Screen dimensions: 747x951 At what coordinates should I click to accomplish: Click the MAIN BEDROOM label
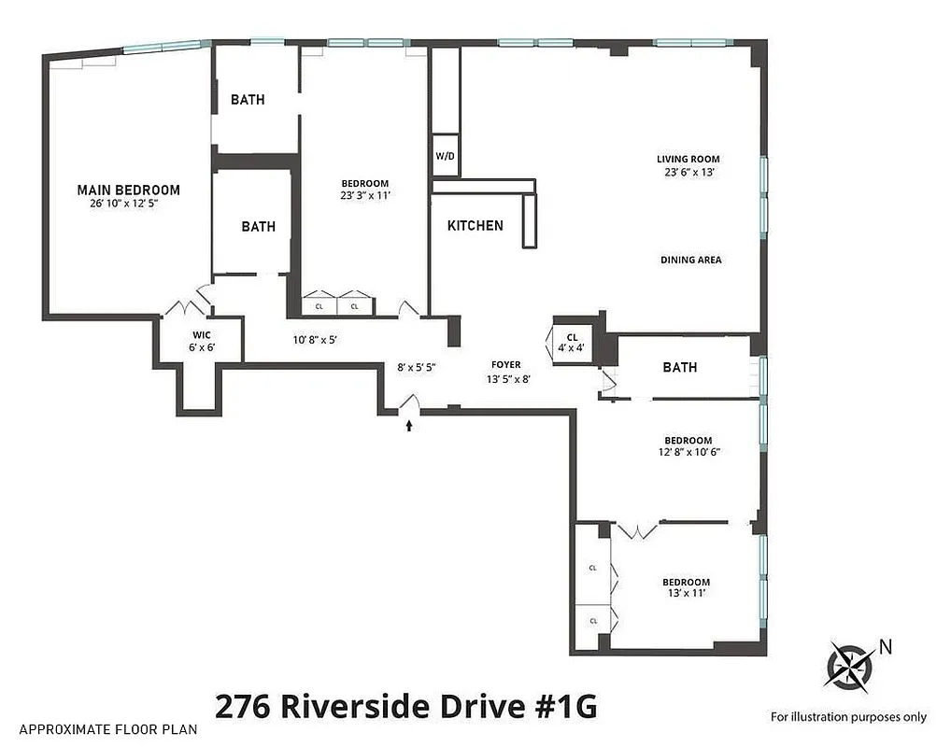click(128, 190)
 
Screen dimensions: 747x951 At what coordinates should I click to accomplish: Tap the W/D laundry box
click(445, 156)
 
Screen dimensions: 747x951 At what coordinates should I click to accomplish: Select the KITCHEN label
click(475, 225)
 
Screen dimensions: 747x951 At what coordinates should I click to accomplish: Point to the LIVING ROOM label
click(688, 160)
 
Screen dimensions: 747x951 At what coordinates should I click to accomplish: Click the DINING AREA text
click(690, 260)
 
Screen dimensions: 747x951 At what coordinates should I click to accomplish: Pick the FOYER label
click(506, 365)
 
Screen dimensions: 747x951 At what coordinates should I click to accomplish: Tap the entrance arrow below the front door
click(408, 426)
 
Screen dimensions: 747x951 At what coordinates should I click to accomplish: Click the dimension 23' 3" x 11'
click(364, 196)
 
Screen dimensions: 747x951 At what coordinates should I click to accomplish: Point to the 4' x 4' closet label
click(572, 348)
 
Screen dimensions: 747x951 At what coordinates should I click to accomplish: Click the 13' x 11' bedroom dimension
click(688, 594)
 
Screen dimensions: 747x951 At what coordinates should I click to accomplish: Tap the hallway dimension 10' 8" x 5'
click(315, 340)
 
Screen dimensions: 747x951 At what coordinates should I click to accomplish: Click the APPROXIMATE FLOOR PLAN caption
click(107, 729)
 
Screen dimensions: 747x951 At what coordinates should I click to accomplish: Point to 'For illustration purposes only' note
click(848, 717)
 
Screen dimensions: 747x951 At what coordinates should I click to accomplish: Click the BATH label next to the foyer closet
click(679, 367)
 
